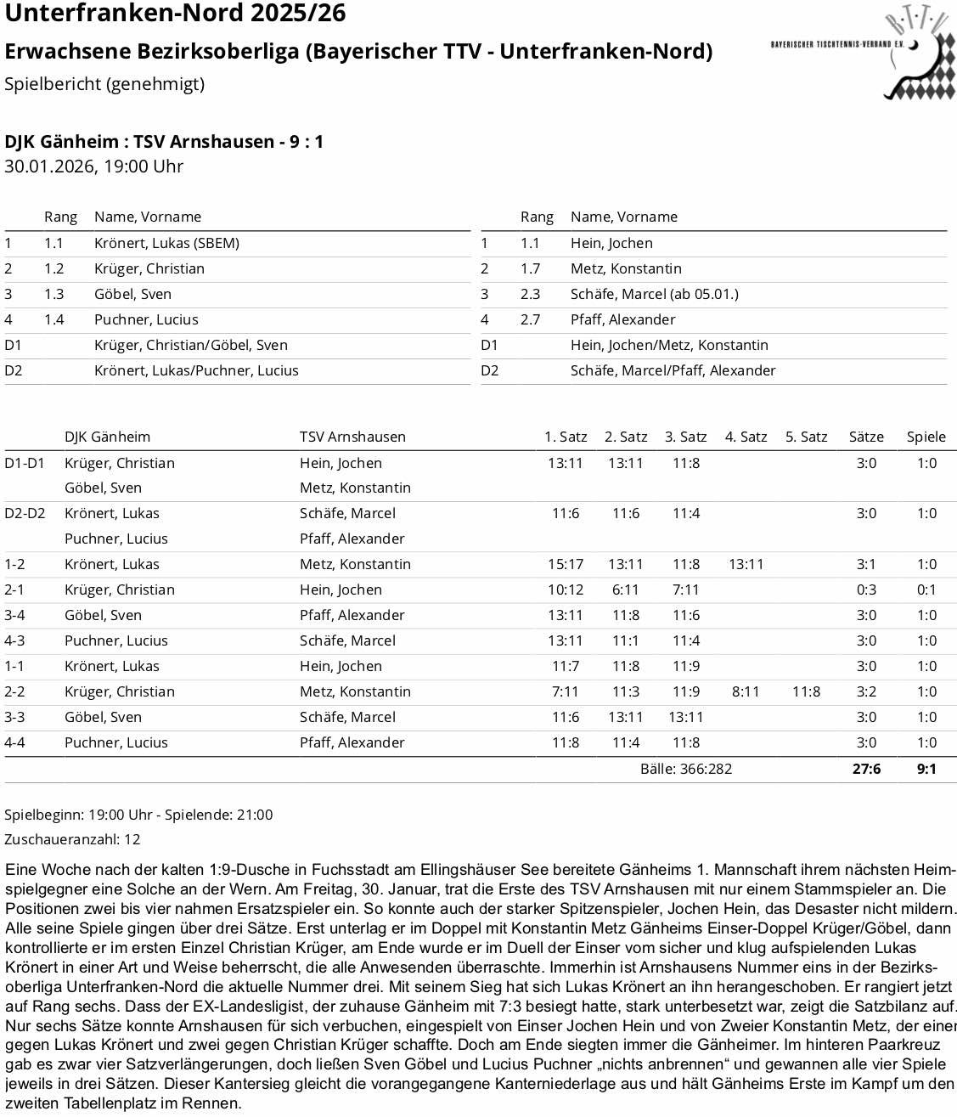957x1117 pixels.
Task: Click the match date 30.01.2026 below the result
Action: tap(50, 166)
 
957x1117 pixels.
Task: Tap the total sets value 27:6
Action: tap(866, 769)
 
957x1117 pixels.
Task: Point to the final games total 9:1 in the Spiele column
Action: tap(926, 769)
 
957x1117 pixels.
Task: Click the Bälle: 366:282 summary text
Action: tap(685, 769)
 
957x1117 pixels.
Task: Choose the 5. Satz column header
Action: tap(806, 437)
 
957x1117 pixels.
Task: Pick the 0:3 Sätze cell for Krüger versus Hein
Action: tap(866, 590)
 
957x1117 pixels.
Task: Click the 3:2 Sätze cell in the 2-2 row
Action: tap(866, 691)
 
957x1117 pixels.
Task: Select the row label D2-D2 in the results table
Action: tap(25, 513)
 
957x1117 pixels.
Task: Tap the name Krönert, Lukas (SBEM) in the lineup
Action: tap(166, 243)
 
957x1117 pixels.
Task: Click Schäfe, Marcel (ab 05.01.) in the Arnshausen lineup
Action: tap(654, 294)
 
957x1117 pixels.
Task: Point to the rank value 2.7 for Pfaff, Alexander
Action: tap(530, 319)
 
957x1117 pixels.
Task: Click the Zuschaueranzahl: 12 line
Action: tap(72, 839)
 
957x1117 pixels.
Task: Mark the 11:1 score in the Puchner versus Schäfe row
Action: tap(625, 640)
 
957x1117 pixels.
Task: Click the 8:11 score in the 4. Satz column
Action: tap(746, 691)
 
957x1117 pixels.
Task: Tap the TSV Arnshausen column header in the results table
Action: tap(352, 437)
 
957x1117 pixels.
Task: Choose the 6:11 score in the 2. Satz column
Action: tap(625, 590)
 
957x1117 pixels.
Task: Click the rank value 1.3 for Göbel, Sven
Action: tap(53, 294)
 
